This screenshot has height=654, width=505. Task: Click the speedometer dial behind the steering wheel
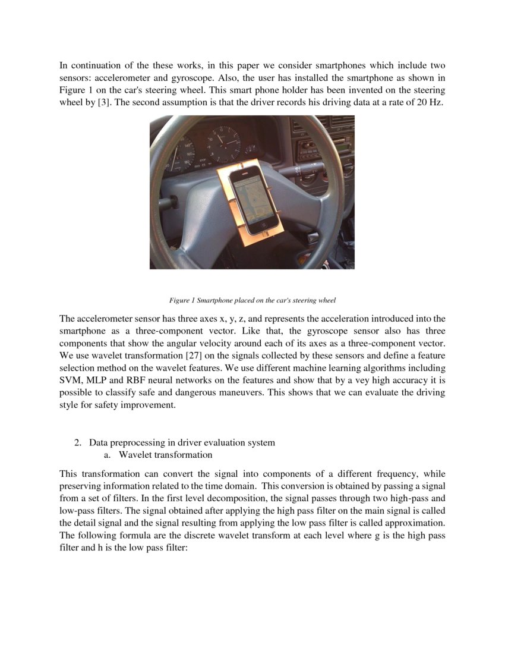(x=179, y=153)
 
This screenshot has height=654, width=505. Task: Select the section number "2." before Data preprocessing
(x=77, y=442)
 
